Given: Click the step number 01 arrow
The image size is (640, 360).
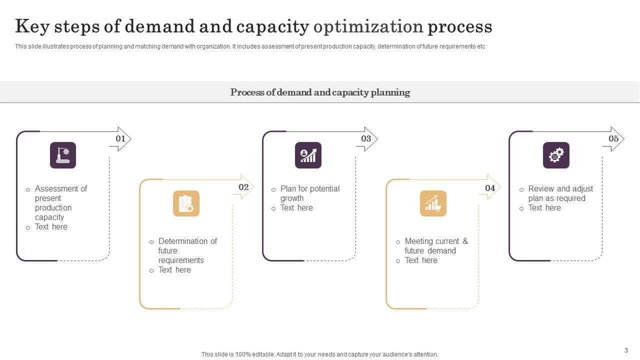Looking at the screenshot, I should pos(120,139).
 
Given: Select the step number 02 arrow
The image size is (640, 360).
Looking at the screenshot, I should pos(243,187).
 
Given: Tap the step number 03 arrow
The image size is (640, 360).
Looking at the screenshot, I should pos(366,139).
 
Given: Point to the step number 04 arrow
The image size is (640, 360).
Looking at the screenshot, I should pos(490,188).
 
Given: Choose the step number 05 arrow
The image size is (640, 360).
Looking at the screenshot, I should pos(613,139).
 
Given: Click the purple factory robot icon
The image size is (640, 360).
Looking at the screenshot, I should pos(63,155).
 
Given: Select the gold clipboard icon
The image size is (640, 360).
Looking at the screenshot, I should pos(186,203).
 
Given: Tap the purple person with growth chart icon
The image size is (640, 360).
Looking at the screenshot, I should pos(308,155).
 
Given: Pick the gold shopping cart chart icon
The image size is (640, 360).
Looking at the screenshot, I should pos(433,203).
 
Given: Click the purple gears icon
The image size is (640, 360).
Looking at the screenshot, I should pos(556,155).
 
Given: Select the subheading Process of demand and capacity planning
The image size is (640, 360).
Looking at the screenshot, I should pos(320,92).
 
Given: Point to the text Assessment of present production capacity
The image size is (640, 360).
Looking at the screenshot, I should pos(60,203).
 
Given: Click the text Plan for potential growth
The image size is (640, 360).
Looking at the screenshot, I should pos(309,193).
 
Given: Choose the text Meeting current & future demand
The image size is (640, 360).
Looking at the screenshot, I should pos(436,246).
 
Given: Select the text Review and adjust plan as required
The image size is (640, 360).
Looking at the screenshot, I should pos(560,193).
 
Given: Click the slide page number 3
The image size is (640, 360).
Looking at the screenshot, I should pos(626,350).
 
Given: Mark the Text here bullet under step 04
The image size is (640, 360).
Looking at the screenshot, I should pos(421,260).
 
